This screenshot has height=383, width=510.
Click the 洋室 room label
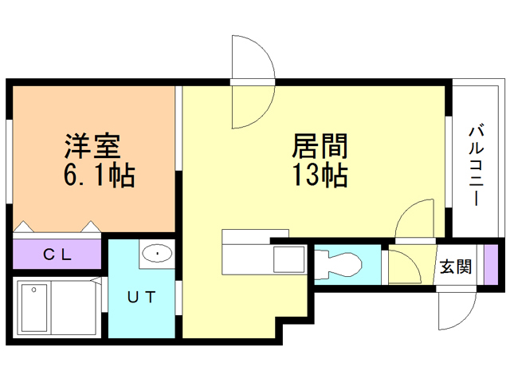(92, 148)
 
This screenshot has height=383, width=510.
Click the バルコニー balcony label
(476, 164)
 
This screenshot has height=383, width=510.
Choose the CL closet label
(57, 255)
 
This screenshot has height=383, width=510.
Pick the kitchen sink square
(288, 261)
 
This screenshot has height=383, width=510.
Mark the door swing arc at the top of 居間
(253, 82)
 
